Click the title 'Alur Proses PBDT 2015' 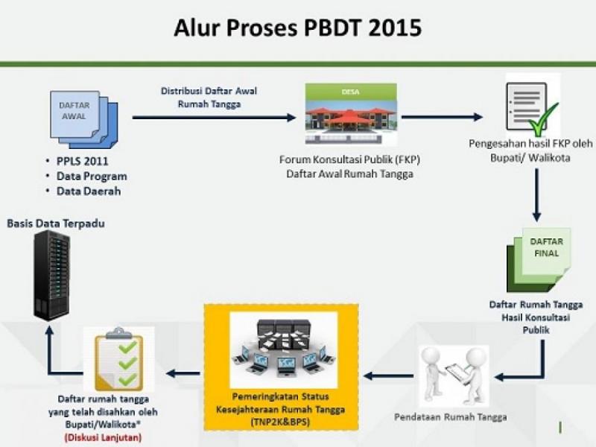click(x=297, y=28)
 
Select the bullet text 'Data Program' click(x=92, y=177)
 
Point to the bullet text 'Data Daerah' click(x=89, y=191)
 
